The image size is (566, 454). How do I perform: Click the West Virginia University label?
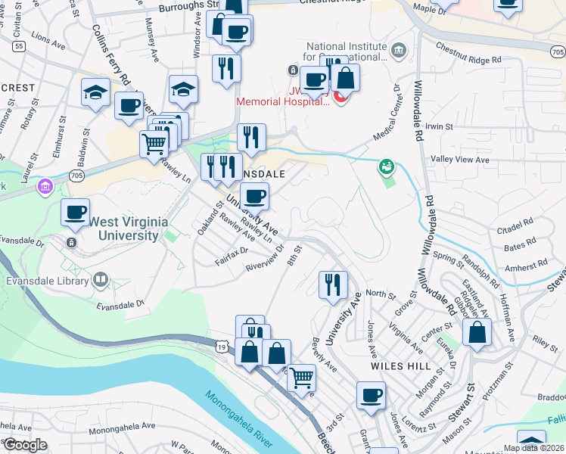coord(124,229)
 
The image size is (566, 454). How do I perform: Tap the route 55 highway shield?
coord(19,46)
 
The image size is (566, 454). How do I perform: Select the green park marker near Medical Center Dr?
coord(387,165)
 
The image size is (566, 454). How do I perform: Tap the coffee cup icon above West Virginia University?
coord(75,213)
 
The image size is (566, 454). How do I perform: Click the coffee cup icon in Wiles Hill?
coord(371,395)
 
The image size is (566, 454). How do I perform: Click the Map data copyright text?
coord(533,448)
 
